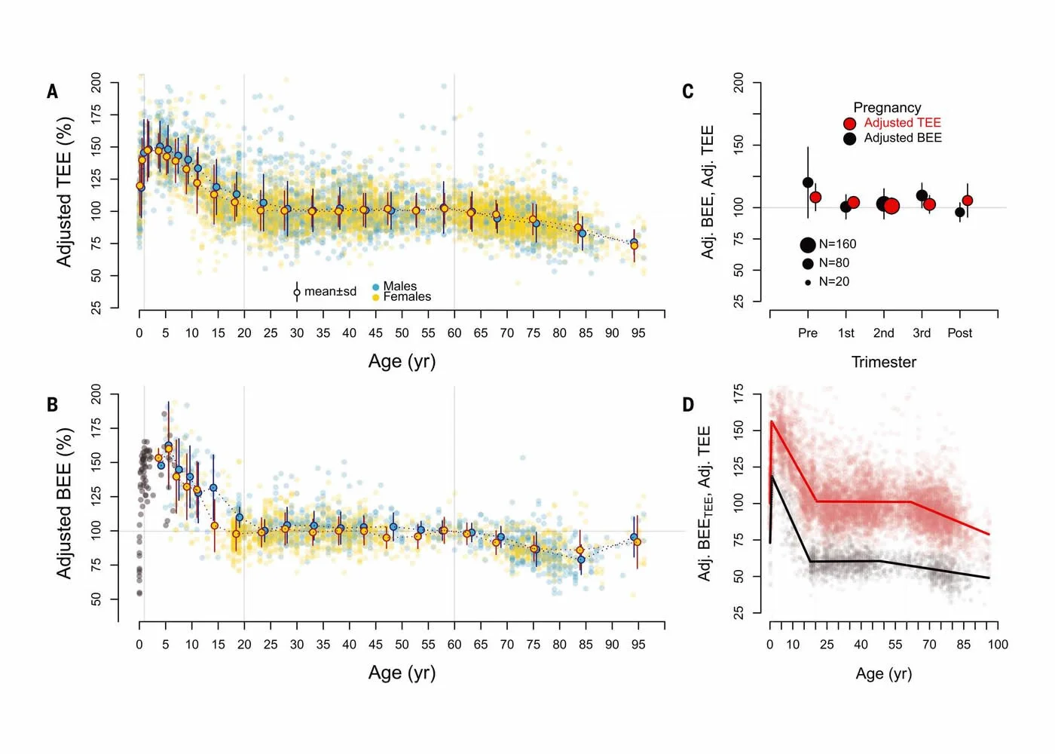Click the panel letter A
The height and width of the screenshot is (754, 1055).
click(x=52, y=92)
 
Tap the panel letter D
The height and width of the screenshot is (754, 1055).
click(x=688, y=405)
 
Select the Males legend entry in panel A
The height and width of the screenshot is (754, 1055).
click(x=399, y=287)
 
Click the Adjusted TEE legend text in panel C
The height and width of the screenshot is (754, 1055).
click(x=902, y=123)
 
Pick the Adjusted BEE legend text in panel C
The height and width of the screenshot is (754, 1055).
click(x=902, y=138)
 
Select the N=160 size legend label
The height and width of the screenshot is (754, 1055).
click(x=837, y=244)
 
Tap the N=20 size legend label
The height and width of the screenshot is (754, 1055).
click(x=833, y=282)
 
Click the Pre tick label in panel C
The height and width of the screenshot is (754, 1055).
click(x=807, y=333)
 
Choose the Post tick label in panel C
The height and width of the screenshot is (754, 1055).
click(x=959, y=333)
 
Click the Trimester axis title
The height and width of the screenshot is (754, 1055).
click(x=883, y=363)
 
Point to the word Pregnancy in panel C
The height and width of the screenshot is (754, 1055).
click(x=887, y=108)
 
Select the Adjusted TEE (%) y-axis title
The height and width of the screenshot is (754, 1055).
click(x=65, y=192)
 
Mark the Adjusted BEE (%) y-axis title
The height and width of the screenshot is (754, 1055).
click(x=65, y=504)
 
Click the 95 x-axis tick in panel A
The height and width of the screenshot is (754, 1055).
click(x=638, y=333)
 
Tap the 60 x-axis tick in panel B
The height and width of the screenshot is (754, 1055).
click(x=454, y=645)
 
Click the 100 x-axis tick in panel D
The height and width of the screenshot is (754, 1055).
click(x=998, y=645)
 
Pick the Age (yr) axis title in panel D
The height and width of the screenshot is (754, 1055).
click(x=883, y=674)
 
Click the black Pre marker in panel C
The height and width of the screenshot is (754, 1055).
click(x=808, y=182)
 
